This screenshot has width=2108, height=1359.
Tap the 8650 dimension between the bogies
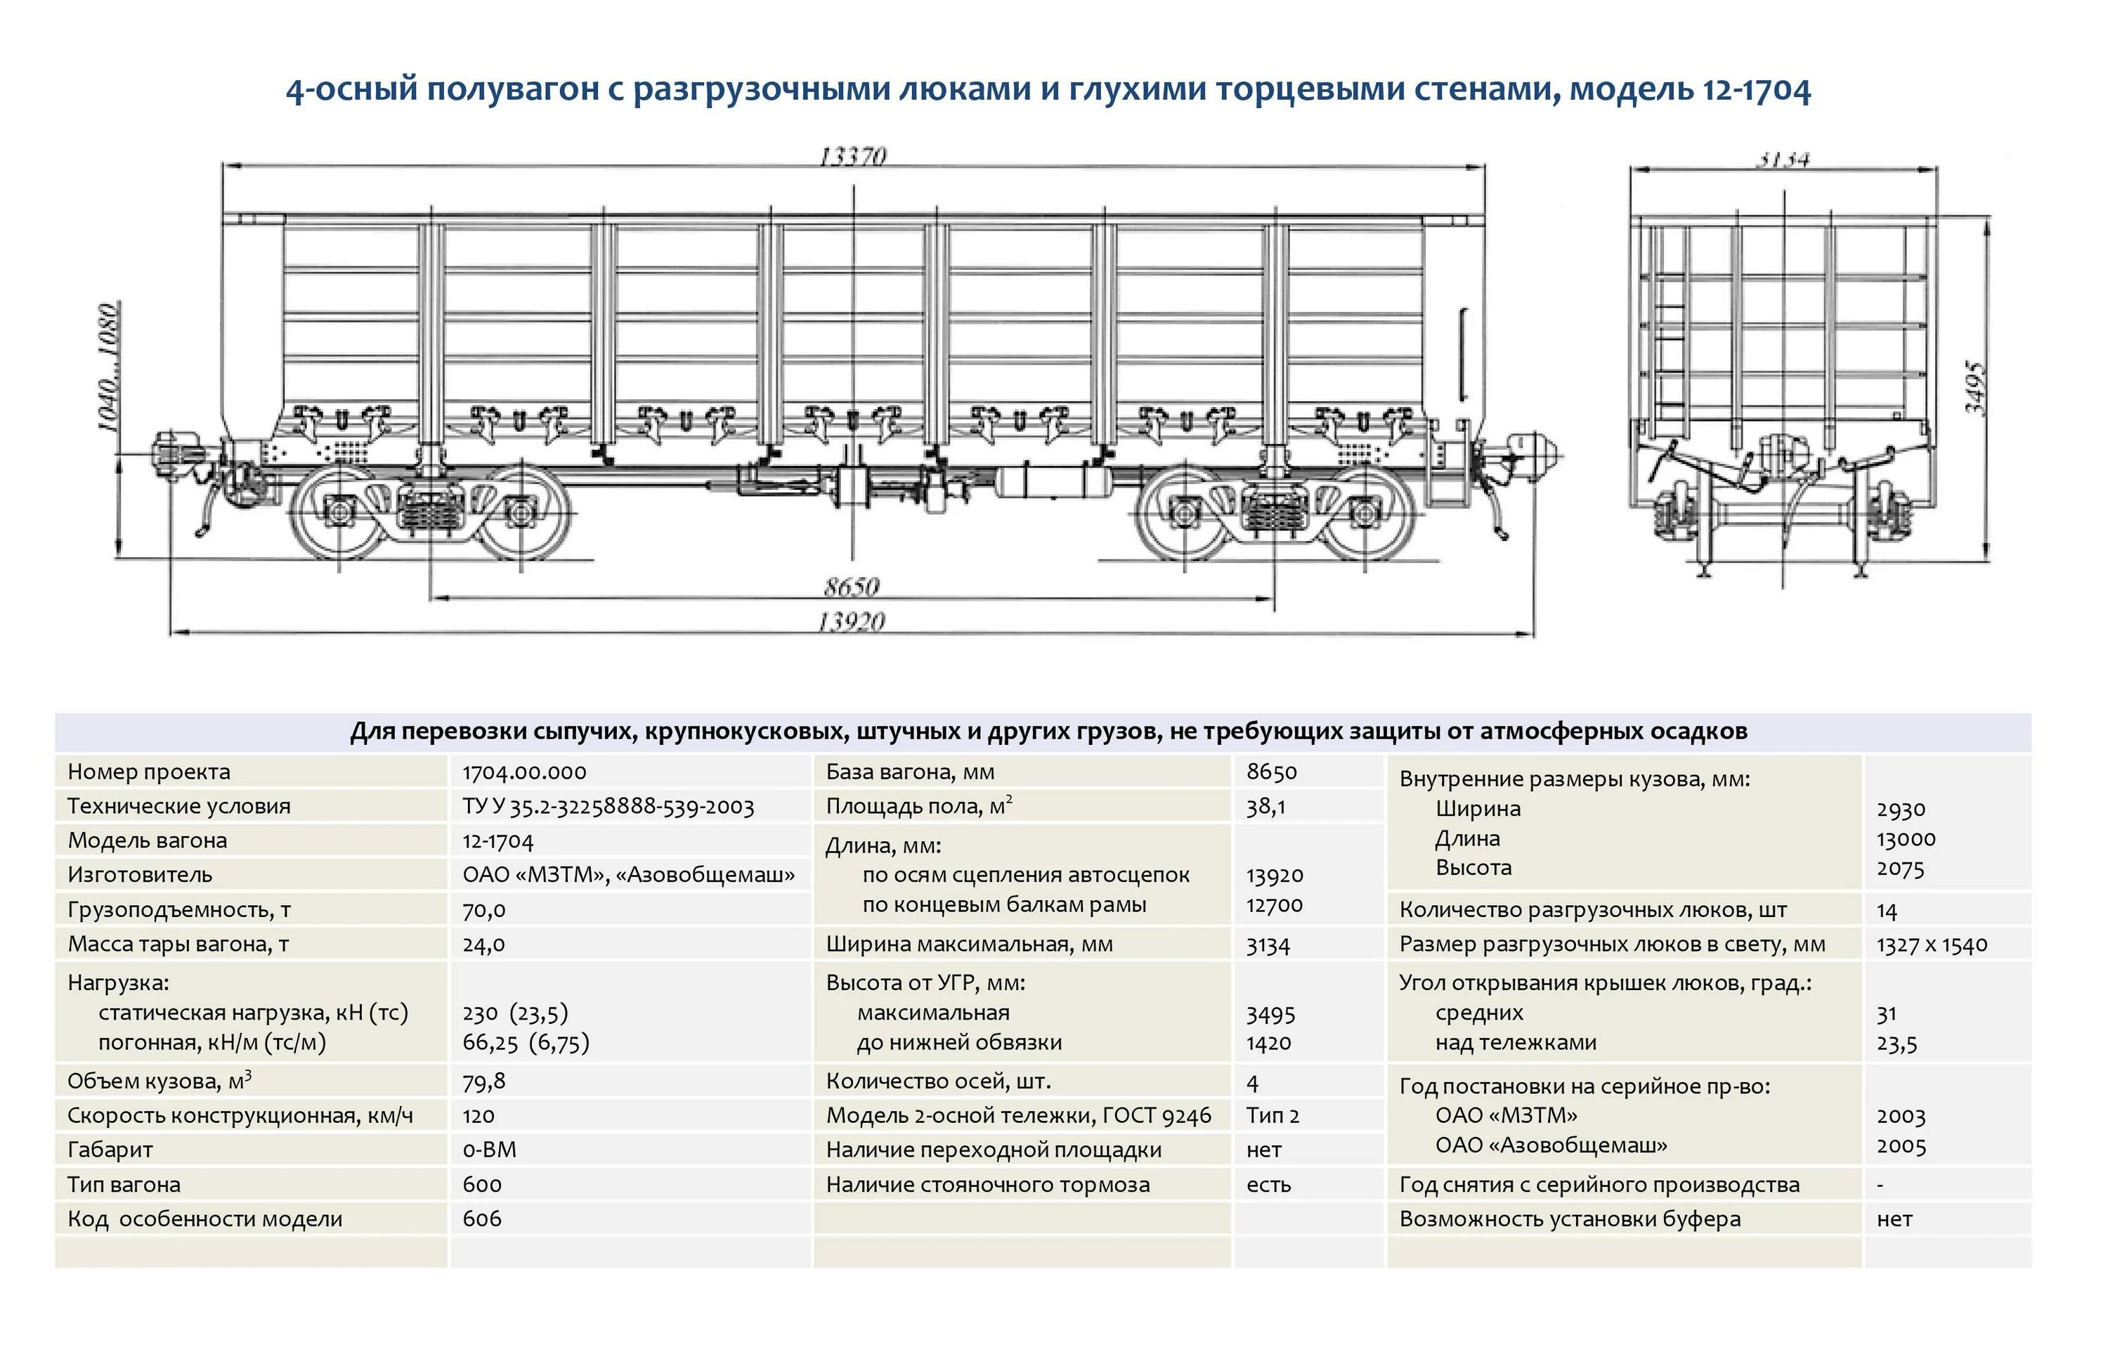pos(852,587)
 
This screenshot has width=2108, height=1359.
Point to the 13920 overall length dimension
pos(852,622)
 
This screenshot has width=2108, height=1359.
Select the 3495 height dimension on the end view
pos(1974,389)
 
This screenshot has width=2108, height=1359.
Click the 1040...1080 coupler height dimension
pos(108,367)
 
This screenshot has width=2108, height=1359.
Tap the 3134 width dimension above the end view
pos(1783,160)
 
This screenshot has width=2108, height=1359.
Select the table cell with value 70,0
pos(483,910)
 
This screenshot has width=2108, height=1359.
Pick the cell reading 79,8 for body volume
pos(483,1081)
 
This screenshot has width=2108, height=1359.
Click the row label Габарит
pos(110,1150)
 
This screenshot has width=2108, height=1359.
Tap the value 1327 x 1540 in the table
pos(1932,944)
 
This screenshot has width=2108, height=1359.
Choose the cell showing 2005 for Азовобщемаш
pos(1901,1145)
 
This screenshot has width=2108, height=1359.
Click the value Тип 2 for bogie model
pos(1273,1115)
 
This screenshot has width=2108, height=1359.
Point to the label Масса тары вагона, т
pos(178,944)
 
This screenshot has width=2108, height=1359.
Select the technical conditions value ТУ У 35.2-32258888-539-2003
pos(608,807)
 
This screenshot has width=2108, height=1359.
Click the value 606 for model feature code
pos(482,1218)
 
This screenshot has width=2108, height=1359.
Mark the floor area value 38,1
pos(1266,807)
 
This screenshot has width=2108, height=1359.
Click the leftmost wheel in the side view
pos(339,512)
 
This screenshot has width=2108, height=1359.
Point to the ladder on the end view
pos(1670,335)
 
